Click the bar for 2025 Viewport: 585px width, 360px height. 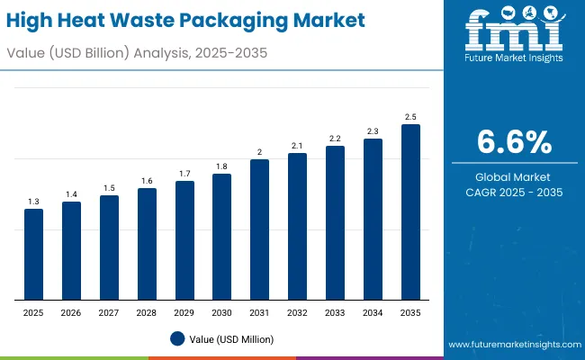point(33,255)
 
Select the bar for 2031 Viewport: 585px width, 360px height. point(260,230)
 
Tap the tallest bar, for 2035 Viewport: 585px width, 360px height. point(410,212)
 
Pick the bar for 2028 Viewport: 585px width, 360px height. point(147,244)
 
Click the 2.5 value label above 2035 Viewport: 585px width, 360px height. point(410,117)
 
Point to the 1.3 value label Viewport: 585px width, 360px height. point(33,202)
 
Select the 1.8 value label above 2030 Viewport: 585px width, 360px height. point(222,166)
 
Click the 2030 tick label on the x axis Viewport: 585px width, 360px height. point(222,312)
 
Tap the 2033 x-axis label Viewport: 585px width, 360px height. point(335,312)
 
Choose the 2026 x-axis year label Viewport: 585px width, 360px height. point(71,312)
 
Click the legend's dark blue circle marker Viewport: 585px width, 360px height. point(177,338)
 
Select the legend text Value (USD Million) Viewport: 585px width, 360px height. point(232,338)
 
